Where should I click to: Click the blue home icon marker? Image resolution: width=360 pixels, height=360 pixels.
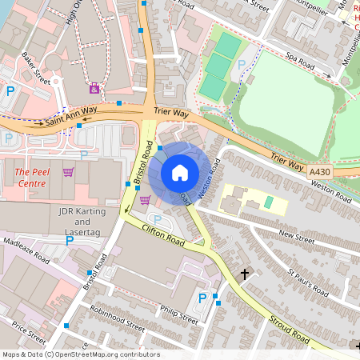pos(180,173)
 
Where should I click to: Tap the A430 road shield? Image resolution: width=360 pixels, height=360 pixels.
pos(320,170)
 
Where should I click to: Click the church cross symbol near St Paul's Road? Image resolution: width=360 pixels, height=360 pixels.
pos(245,274)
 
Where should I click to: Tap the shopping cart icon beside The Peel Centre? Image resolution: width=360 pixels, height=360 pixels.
pos(69,171)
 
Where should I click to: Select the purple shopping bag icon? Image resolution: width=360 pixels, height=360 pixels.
pos(95,87)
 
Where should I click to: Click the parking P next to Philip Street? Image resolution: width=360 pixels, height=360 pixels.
pos(202,298)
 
